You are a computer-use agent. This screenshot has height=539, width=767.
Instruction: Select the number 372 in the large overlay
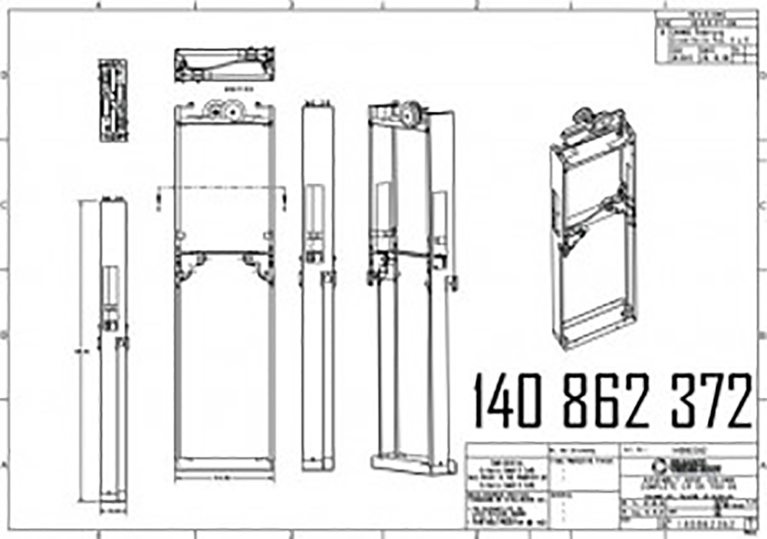point(710,401)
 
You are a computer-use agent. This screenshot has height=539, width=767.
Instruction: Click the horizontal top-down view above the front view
point(224,65)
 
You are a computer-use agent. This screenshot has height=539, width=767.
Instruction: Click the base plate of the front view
point(224,464)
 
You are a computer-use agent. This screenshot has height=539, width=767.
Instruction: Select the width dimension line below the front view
point(224,478)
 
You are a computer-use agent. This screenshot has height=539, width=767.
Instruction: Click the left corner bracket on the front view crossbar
point(188,265)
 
